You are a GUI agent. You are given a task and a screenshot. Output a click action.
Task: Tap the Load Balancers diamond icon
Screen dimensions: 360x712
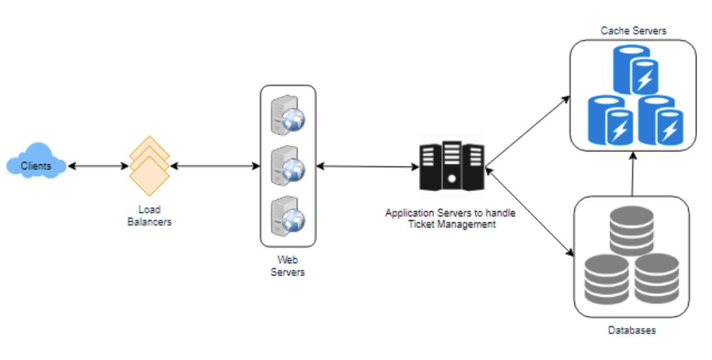(149, 166)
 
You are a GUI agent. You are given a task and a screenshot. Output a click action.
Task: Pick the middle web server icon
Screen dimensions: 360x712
(287, 164)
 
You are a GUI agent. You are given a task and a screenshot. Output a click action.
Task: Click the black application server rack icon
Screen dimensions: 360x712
(452, 166)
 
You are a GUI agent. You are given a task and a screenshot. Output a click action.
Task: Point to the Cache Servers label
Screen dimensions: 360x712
(633, 31)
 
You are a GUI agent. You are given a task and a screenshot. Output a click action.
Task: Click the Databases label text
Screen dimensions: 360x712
(631, 330)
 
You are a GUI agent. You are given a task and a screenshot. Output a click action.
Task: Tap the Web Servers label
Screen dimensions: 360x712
(287, 266)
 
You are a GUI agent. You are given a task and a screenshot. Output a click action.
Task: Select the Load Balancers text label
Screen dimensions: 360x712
(149, 216)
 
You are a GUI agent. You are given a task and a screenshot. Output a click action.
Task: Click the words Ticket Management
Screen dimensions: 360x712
(451, 224)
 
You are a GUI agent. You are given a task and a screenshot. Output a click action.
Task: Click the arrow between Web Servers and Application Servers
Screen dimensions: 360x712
(368, 167)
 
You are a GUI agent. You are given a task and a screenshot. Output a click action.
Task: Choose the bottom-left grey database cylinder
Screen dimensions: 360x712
(604, 276)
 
